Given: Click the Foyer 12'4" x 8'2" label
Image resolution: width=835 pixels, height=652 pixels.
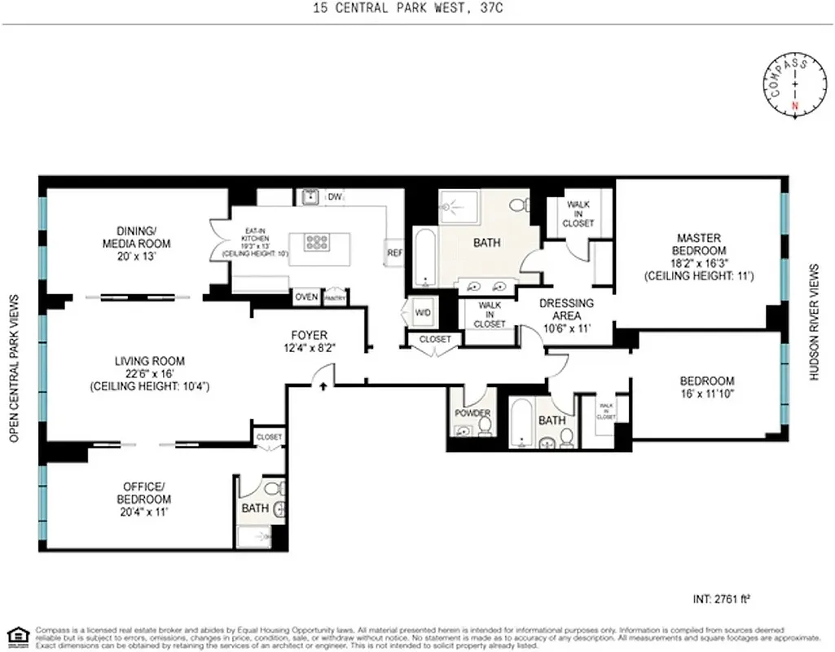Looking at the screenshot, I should point(309,341).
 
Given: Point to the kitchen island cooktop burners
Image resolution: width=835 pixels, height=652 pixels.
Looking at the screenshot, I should point(316,242).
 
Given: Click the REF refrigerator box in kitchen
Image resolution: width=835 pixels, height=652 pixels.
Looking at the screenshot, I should point(394,253).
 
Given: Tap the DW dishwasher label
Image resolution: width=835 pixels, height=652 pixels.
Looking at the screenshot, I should point(334,197).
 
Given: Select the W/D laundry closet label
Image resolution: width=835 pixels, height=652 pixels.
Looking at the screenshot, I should point(424,313).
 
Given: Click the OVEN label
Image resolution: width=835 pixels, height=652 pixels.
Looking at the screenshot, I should point(306,297).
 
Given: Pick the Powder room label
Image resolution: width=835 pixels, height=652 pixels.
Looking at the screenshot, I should point(472,413).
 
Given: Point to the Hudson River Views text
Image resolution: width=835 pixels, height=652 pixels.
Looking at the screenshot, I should point(814,322).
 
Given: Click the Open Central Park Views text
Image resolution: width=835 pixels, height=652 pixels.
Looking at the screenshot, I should point(14,369).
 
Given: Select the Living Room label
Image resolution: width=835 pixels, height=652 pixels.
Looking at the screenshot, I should point(150,373).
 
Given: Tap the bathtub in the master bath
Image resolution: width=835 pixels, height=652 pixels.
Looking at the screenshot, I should point(424,257).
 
